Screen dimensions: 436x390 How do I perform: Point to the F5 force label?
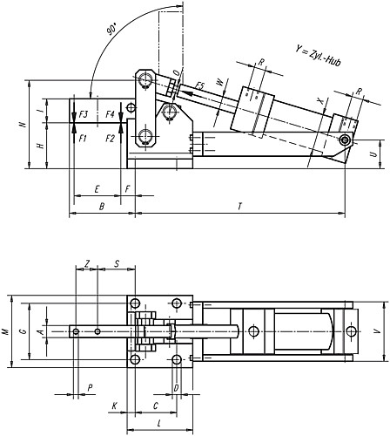tap(199, 85)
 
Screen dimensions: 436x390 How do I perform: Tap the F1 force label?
tap(83, 138)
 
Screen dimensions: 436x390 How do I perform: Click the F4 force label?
tap(110, 114)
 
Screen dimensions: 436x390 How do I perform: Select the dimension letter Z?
tap(87, 262)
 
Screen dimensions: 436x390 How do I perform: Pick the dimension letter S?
tap(117, 262)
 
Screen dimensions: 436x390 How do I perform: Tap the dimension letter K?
tap(115, 405)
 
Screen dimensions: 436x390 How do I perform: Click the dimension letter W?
tap(219, 84)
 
